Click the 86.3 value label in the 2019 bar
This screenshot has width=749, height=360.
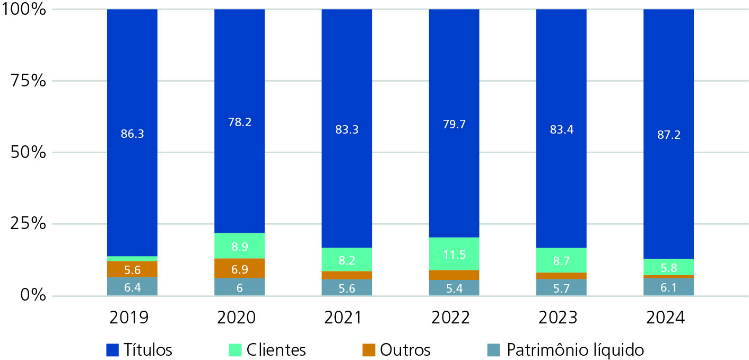(132, 134)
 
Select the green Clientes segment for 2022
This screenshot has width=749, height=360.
(454, 253)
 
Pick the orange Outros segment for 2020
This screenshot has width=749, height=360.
(239, 268)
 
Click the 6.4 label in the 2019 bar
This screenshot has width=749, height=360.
(132, 287)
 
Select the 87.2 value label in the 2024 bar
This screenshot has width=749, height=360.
(668, 134)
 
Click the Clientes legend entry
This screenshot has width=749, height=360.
(268, 350)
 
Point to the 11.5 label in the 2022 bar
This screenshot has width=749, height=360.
(454, 254)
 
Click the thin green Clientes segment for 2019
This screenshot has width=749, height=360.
(132, 259)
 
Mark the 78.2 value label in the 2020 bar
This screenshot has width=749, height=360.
(239, 122)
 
